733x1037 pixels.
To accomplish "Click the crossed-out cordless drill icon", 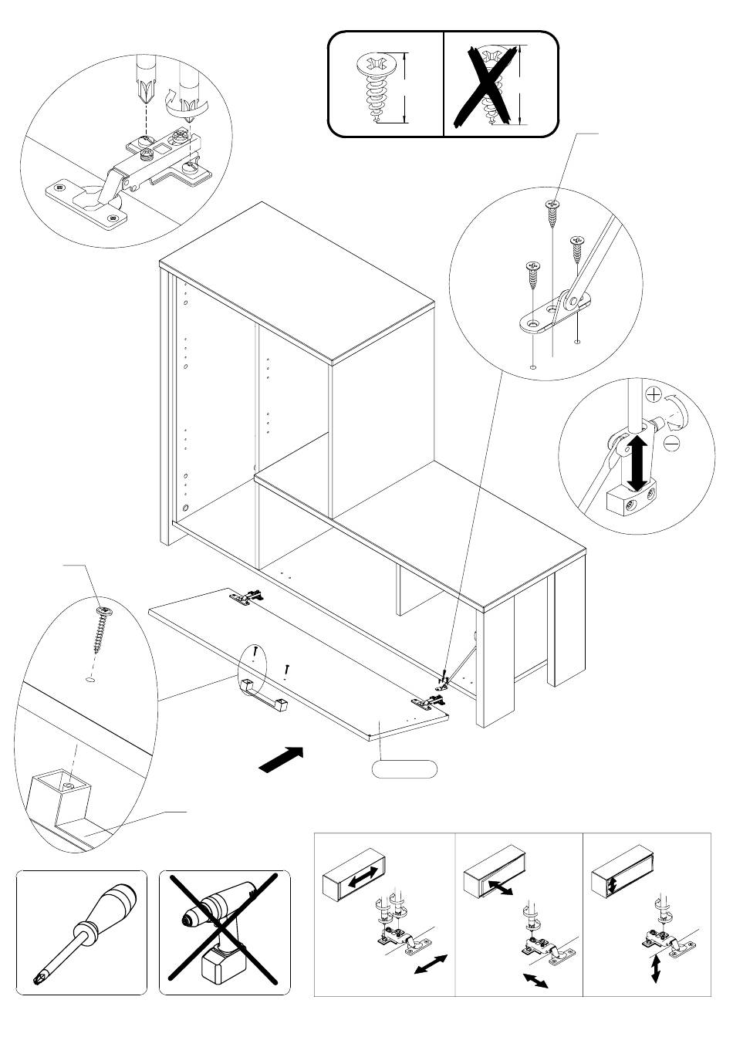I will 225,933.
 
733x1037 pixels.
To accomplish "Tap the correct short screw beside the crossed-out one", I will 379,86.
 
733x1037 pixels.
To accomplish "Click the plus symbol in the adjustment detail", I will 652,395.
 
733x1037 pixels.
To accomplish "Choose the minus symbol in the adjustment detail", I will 671,443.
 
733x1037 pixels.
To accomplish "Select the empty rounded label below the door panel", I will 404,768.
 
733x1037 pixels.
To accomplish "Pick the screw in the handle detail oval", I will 101,626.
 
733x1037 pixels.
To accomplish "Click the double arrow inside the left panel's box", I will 362,876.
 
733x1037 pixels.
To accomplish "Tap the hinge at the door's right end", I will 428,701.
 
